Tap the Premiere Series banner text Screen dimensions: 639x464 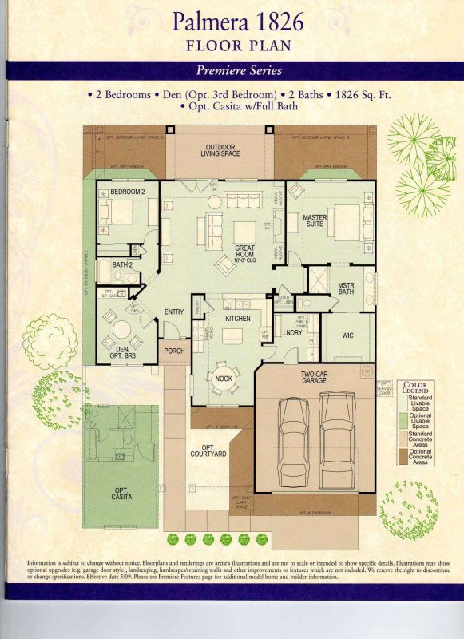[x=232, y=71]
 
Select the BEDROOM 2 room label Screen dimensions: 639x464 [x=128, y=192]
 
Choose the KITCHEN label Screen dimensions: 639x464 [x=237, y=319]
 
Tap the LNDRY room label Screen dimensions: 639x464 [x=292, y=333]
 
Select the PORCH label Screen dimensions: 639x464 [x=174, y=351]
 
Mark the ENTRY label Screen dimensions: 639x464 [x=174, y=312]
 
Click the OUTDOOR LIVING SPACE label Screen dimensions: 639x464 [x=220, y=151]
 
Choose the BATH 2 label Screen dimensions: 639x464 [x=121, y=264]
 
